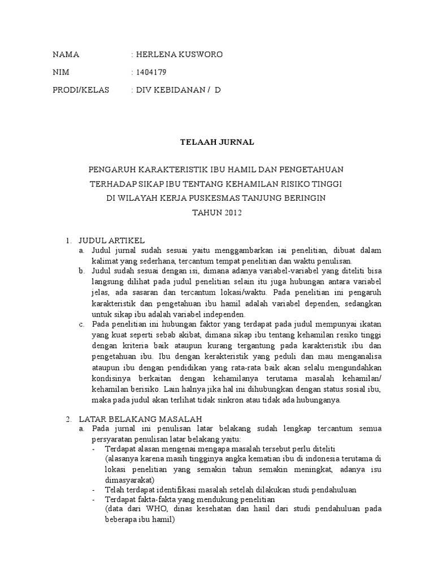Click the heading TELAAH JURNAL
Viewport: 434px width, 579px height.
(x=216, y=142)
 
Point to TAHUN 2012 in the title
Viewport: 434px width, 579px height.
(x=216, y=213)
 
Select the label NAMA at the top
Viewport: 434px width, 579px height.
(x=66, y=55)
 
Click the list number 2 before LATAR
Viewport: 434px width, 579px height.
(x=68, y=420)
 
